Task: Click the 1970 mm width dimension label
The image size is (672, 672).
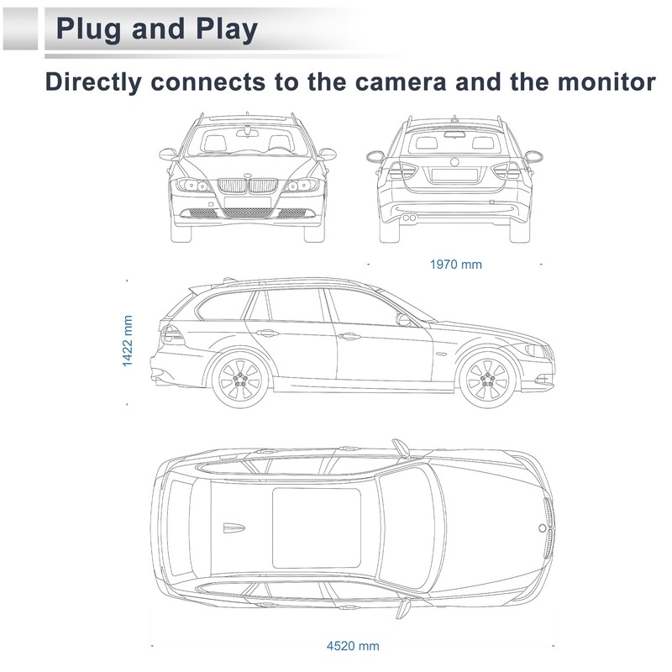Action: (x=455, y=265)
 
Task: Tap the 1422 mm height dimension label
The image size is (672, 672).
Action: (x=128, y=341)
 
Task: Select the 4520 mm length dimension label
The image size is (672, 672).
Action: (x=353, y=646)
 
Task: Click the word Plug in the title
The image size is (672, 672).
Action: (x=89, y=29)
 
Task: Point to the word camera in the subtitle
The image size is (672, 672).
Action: (x=401, y=81)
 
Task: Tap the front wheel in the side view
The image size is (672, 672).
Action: (x=488, y=380)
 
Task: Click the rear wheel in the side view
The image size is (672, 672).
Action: (x=240, y=380)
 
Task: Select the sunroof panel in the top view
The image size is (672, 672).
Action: (x=317, y=528)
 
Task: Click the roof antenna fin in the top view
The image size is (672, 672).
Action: (x=234, y=528)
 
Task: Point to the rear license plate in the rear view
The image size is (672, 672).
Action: (x=454, y=175)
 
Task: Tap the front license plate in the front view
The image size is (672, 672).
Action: (x=248, y=202)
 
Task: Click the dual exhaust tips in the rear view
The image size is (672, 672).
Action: (x=409, y=218)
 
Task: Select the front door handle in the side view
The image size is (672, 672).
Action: (x=349, y=337)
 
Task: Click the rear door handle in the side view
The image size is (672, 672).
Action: (x=267, y=333)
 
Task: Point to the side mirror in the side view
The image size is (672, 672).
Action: (x=403, y=319)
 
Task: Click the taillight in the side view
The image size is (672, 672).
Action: (x=172, y=334)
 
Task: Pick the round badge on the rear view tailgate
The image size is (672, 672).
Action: (x=454, y=162)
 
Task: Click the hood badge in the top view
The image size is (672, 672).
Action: (x=542, y=528)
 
